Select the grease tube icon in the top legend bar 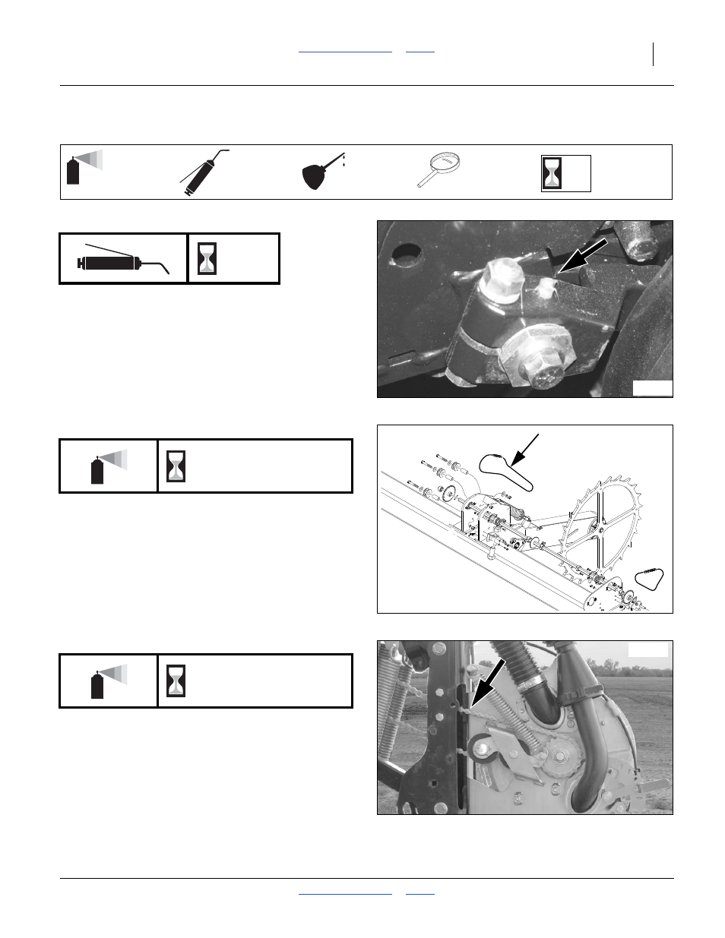pos(201,172)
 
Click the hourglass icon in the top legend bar pos(552,173)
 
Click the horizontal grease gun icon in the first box pos(122,261)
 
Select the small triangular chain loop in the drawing pos(650,579)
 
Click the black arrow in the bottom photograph pos(487,683)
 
